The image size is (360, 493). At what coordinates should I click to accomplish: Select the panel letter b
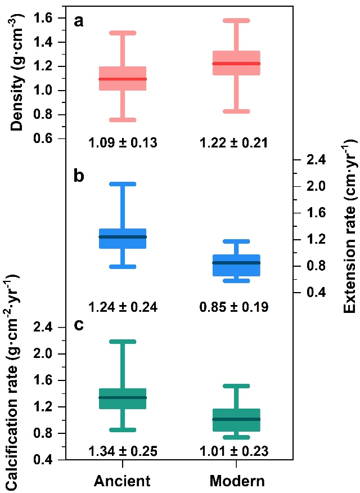click(x=79, y=176)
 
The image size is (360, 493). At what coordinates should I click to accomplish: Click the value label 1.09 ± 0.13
click(x=123, y=143)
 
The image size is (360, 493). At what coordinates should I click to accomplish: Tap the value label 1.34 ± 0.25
click(x=123, y=451)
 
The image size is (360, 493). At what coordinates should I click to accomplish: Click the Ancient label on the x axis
click(x=123, y=481)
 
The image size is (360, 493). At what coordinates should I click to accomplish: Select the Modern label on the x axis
click(x=236, y=481)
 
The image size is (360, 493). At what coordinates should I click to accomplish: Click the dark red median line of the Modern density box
click(x=236, y=64)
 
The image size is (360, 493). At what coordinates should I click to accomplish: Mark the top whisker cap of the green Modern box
click(x=236, y=386)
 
